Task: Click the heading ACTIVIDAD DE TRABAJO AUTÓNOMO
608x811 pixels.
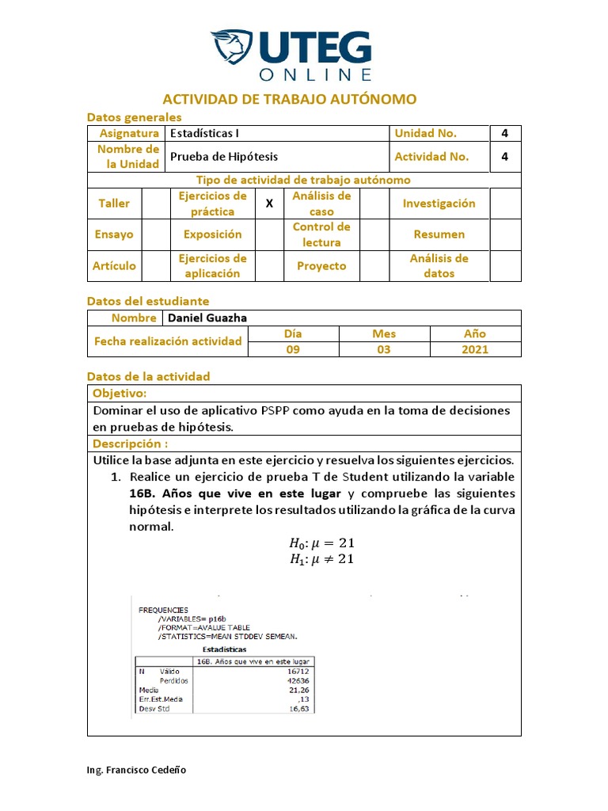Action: coord(289,99)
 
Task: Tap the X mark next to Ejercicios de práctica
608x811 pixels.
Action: coord(269,204)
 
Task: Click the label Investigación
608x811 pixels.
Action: coord(439,204)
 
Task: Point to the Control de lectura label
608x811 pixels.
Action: coord(321,234)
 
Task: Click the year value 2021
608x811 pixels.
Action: coord(475,349)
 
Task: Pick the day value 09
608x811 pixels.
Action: coord(293,349)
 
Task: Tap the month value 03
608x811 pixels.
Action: coord(384,349)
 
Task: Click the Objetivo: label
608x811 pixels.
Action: coord(120,394)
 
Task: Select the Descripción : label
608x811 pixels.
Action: coord(130,444)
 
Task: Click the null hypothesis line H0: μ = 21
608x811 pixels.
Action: coord(321,543)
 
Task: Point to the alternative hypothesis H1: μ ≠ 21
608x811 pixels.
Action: coord(321,559)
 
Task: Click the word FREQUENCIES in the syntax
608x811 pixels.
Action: coord(163,611)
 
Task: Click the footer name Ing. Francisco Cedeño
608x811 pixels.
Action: coord(136,770)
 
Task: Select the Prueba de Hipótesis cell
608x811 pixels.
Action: coord(224,157)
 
